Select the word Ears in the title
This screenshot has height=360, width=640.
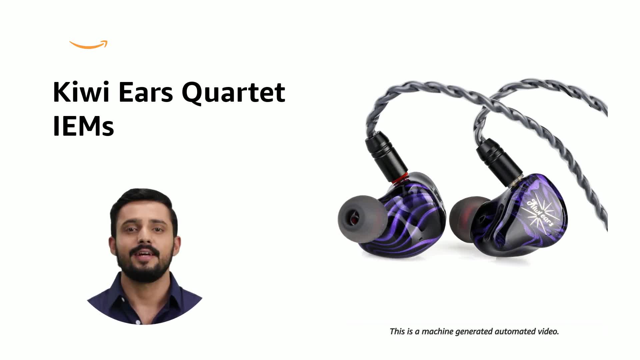click(146, 92)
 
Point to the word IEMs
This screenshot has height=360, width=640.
click(83, 127)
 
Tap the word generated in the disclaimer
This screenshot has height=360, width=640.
click(474, 332)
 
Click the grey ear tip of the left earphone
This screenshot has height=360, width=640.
click(360, 218)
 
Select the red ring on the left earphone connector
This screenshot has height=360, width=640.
click(399, 179)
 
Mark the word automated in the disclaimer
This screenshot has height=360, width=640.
click(515, 332)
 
